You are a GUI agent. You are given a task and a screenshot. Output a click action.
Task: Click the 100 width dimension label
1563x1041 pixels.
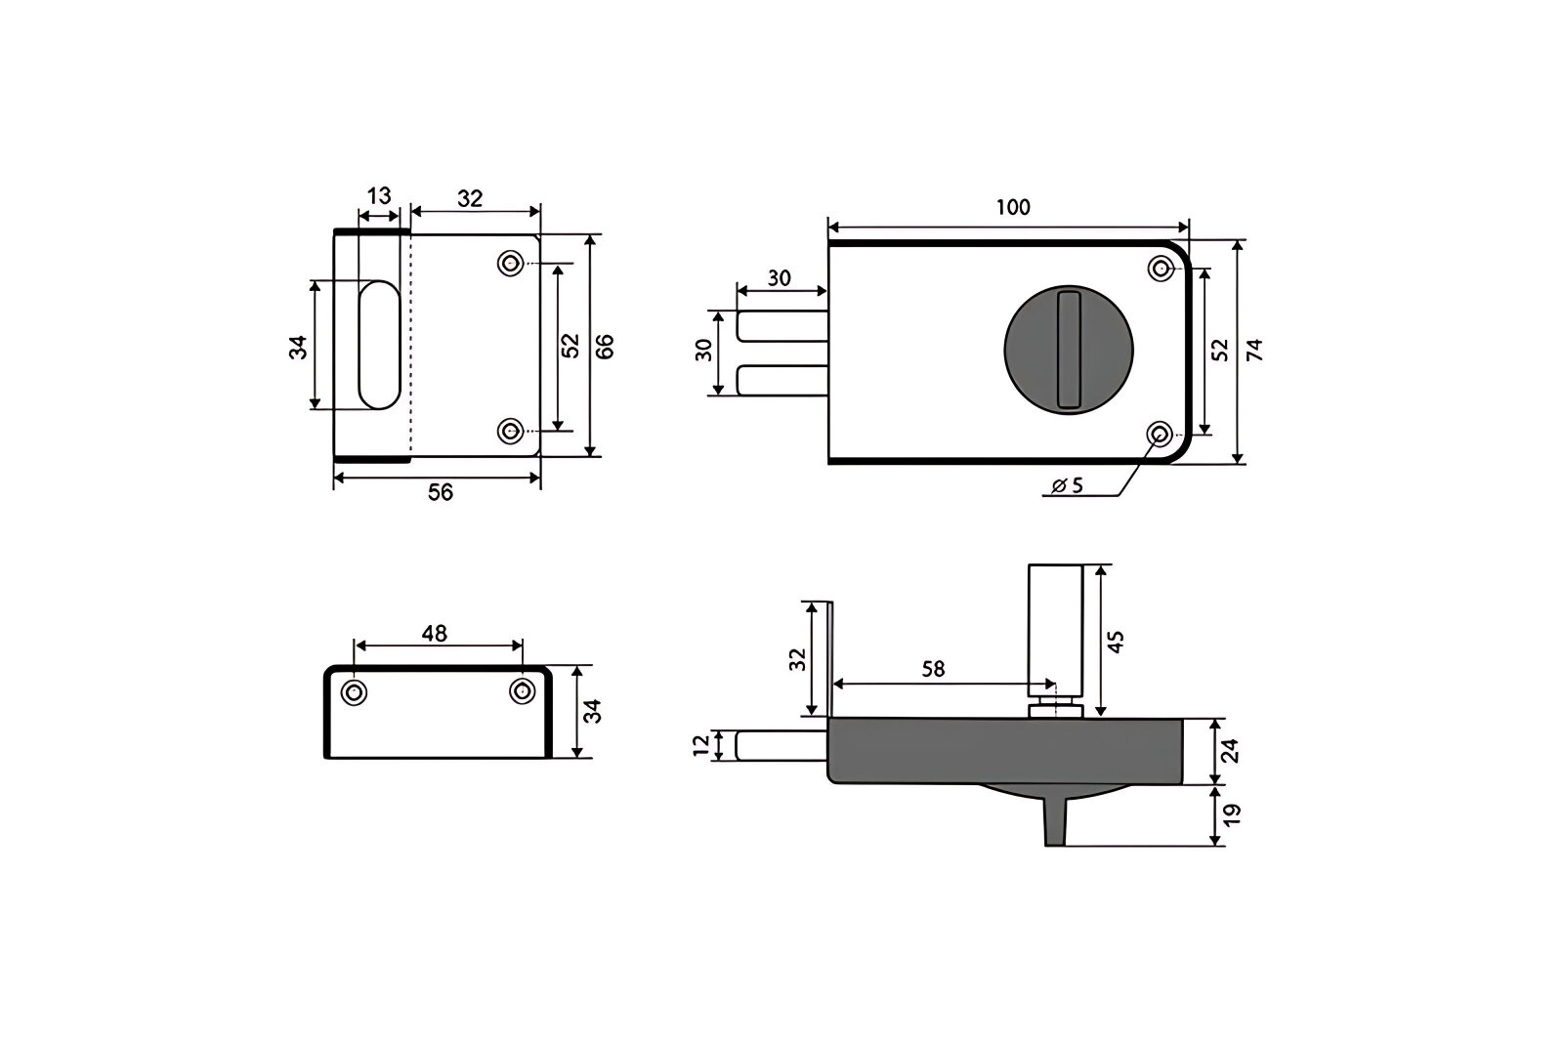(1012, 207)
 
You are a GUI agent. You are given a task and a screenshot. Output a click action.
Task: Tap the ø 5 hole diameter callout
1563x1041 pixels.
(1068, 485)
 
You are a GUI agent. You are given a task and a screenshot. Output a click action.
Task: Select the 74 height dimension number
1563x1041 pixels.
(1254, 350)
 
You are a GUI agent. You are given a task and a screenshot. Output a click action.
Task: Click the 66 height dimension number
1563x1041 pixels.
(605, 347)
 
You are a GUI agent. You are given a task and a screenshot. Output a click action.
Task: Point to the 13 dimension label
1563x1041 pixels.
(379, 196)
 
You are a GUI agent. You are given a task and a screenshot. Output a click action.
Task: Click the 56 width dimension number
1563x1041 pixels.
(441, 492)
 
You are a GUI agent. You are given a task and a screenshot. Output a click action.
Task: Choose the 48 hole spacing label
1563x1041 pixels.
(434, 634)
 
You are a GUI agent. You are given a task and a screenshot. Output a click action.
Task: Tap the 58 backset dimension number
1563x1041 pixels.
(933, 669)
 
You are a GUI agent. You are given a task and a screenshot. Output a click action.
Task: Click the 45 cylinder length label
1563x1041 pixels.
(1116, 642)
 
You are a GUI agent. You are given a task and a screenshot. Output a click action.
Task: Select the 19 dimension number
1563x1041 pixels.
(1232, 815)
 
